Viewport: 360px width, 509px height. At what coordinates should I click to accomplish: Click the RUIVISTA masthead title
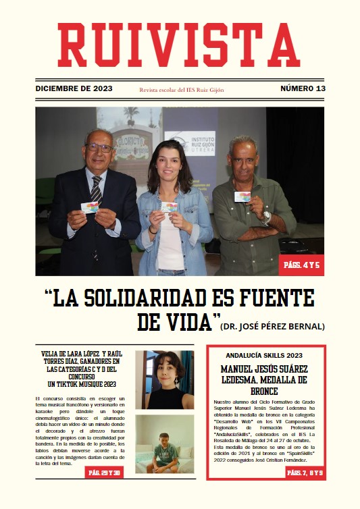pyautogui.click(x=179, y=46)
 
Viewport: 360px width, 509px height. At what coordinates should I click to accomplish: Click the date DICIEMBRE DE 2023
pyautogui.click(x=74, y=88)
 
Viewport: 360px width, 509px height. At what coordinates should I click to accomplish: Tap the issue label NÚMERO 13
pyautogui.click(x=303, y=88)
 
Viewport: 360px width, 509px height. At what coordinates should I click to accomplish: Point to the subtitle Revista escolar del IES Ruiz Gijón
pyautogui.click(x=181, y=89)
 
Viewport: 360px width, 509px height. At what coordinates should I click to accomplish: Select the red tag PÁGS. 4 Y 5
pyautogui.click(x=301, y=265)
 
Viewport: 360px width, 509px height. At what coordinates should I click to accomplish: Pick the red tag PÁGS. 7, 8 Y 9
pyautogui.click(x=305, y=473)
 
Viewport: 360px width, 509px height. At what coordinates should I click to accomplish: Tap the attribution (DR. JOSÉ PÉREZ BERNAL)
pyautogui.click(x=272, y=327)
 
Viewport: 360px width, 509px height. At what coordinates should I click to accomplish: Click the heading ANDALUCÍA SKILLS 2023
pyautogui.click(x=265, y=355)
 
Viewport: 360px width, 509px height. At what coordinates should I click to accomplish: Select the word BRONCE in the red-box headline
pyautogui.click(x=265, y=390)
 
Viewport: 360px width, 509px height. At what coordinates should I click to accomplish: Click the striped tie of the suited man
pyautogui.click(x=96, y=189)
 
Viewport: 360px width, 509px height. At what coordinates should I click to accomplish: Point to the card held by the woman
pyautogui.click(x=169, y=207)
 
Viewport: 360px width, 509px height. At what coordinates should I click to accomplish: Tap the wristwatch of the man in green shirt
pyautogui.click(x=266, y=216)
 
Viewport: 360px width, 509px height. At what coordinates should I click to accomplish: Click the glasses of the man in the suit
pyautogui.click(x=99, y=147)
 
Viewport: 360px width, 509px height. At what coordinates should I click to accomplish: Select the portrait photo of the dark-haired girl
pyautogui.click(x=164, y=379)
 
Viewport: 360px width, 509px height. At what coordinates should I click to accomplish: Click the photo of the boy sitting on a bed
pyautogui.click(x=164, y=444)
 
